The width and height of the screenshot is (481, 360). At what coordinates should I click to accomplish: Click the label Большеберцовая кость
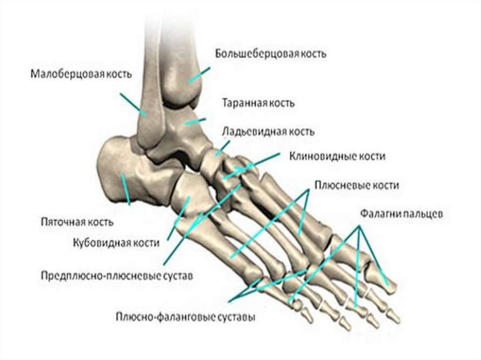click(271, 53)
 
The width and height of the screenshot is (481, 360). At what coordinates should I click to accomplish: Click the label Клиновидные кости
click(337, 156)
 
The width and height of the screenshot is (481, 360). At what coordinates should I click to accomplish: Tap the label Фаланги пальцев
click(400, 214)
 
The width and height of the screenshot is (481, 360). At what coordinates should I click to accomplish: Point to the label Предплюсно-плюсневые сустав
click(116, 276)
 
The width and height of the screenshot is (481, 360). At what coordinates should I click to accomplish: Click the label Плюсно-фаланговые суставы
click(186, 317)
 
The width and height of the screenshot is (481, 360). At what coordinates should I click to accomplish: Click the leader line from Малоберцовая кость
click(133, 104)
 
